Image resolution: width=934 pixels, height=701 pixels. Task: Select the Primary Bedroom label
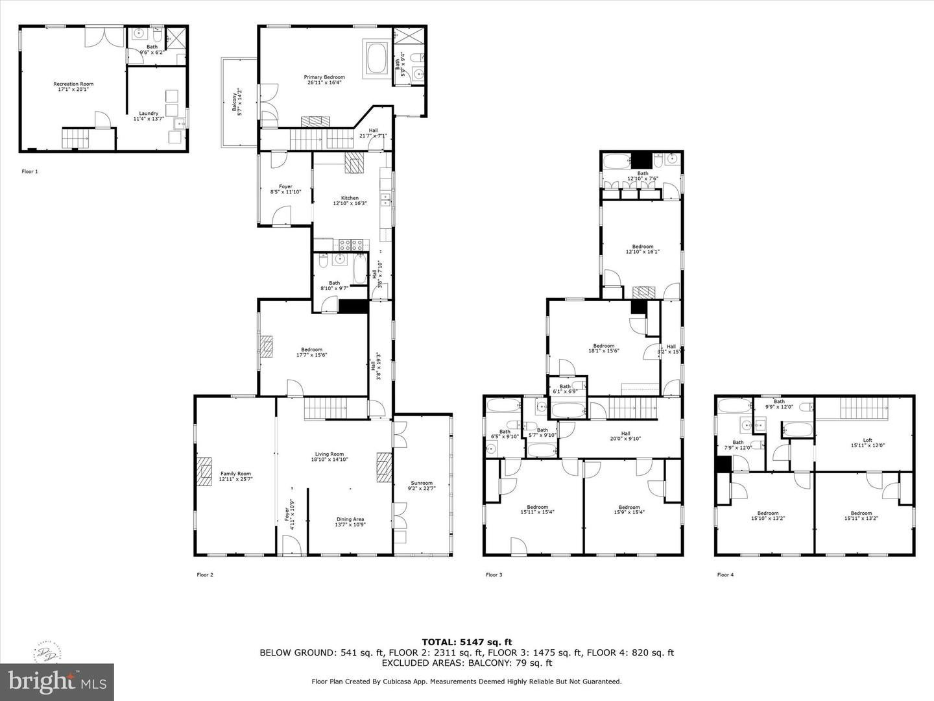pos(324,80)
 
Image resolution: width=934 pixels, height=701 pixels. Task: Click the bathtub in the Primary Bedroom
pos(377,58)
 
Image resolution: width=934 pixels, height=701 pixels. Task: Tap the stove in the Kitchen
pos(351,245)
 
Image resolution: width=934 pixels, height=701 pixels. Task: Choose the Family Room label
pos(235,476)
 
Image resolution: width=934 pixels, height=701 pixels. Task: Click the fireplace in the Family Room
pos(205,472)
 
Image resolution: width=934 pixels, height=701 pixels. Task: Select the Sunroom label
pos(422,486)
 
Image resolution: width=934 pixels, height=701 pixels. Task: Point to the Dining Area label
pos(350,522)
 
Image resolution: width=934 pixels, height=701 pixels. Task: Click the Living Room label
pos(329,456)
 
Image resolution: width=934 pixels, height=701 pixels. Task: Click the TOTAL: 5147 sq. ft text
pos(466,642)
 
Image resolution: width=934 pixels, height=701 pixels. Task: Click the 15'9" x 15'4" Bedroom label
pos(629,510)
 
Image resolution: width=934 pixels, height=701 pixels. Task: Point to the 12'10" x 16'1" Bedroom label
pos(643,249)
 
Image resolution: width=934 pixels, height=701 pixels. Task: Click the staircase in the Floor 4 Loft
pos(864,409)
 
